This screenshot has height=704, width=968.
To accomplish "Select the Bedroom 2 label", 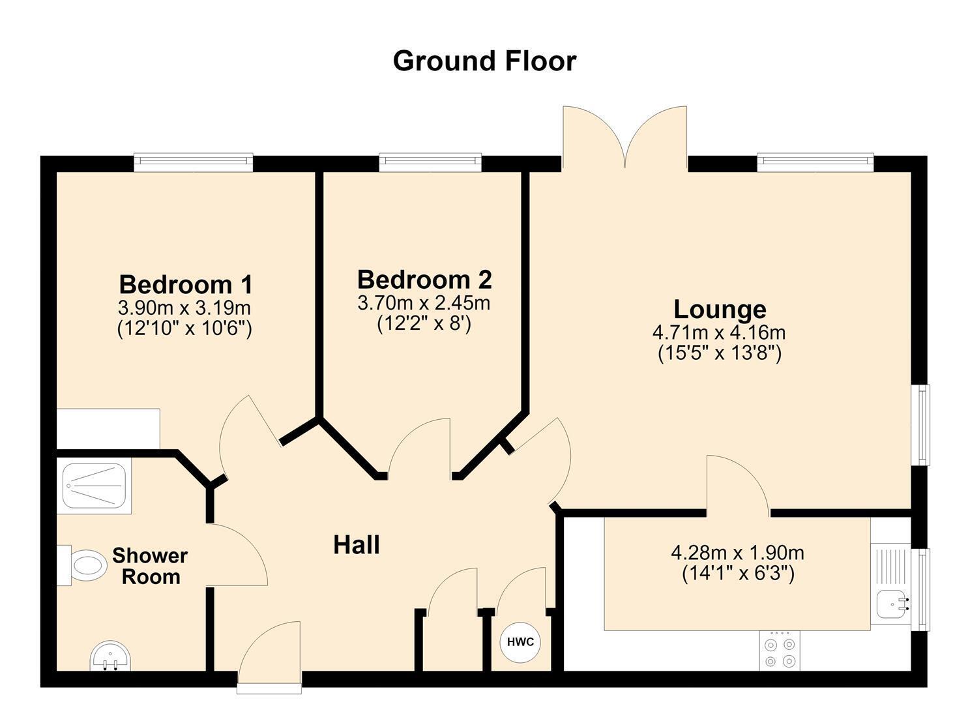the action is [x=424, y=280].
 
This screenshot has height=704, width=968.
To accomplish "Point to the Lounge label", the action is [x=720, y=310].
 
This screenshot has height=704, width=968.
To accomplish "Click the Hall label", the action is [x=357, y=545].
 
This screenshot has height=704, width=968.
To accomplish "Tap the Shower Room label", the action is [x=150, y=566].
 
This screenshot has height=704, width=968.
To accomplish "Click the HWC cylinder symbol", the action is [x=520, y=642].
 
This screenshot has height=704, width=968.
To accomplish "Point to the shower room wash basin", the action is [x=110, y=656].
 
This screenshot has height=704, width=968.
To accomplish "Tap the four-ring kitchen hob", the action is [x=780, y=651].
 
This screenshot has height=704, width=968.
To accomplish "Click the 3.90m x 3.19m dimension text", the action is [x=184, y=308].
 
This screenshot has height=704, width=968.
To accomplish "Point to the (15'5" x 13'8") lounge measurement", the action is [x=720, y=353].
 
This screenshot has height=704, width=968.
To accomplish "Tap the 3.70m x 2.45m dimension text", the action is [x=424, y=303].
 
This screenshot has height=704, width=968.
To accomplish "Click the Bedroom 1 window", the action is [x=193, y=162].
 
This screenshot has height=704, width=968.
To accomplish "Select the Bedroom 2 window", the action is [x=430, y=162].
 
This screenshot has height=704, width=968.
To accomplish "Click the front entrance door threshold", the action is [x=269, y=687].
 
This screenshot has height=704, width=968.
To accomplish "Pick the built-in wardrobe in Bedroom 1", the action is [x=108, y=429].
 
